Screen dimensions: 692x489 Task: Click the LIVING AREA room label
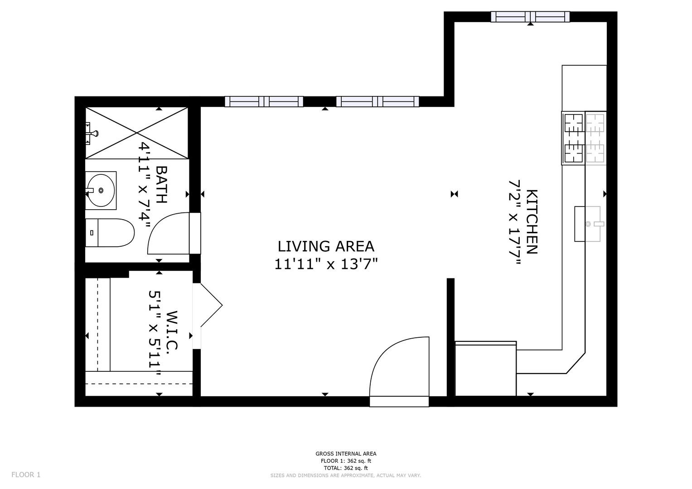(x=326, y=246)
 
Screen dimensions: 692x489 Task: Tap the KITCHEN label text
(x=532, y=222)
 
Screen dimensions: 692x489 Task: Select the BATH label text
(x=161, y=185)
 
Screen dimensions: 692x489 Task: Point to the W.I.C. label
(x=172, y=331)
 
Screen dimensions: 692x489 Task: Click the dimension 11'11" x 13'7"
(x=326, y=264)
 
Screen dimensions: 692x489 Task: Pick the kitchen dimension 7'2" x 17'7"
(x=515, y=222)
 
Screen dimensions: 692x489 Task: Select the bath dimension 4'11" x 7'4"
(x=144, y=185)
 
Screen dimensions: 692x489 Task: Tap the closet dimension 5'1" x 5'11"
(x=155, y=333)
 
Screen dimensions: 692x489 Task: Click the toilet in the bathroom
(x=110, y=233)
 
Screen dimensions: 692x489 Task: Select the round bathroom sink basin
(x=101, y=191)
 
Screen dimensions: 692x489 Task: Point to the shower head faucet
(x=92, y=134)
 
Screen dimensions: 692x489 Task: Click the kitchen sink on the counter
(x=589, y=224)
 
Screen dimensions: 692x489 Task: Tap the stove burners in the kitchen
(x=584, y=138)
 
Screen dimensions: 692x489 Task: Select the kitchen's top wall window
(x=530, y=17)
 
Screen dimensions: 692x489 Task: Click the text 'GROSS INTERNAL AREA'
(x=346, y=454)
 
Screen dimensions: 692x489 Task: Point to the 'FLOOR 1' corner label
(x=26, y=475)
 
